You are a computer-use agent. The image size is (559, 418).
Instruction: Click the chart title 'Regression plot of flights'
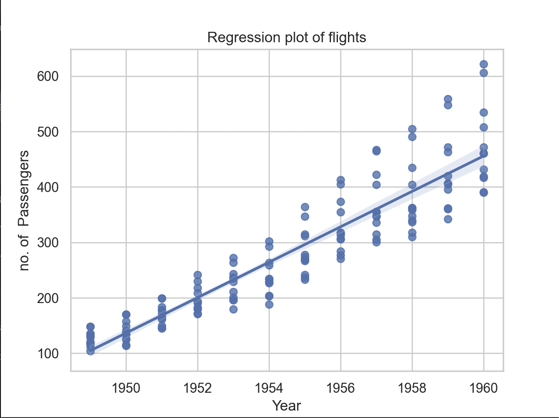pyautogui.click(x=286, y=37)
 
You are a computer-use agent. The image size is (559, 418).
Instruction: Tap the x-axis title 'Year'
pyautogui.click(x=286, y=406)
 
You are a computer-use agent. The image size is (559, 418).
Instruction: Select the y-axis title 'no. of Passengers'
pyautogui.click(x=24, y=210)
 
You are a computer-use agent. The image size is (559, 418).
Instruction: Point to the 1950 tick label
pyautogui.click(x=126, y=388)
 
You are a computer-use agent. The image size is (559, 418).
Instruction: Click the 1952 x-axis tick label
pyautogui.click(x=198, y=388)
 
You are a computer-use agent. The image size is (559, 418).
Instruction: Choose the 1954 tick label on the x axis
pyautogui.click(x=269, y=388)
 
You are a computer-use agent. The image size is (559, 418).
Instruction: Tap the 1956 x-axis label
pyautogui.click(x=341, y=388)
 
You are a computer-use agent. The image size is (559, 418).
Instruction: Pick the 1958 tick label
pyautogui.click(x=412, y=388)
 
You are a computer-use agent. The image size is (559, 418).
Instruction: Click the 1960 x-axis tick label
pyautogui.click(x=484, y=388)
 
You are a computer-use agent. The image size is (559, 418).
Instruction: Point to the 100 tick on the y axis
pyautogui.click(x=48, y=354)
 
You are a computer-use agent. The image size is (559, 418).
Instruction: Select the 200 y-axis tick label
pyautogui.click(x=48, y=298)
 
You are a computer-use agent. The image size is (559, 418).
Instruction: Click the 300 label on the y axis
pyautogui.click(x=48, y=243)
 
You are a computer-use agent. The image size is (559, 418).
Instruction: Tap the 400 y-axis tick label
pyautogui.click(x=48, y=187)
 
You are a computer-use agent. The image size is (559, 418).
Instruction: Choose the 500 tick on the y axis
pyautogui.click(x=48, y=131)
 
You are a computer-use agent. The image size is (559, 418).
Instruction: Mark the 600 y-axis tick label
pyautogui.click(x=48, y=76)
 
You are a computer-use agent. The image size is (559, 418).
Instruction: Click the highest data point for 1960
pyautogui.click(x=484, y=64)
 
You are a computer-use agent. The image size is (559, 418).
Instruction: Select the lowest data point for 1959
pyautogui.click(x=448, y=219)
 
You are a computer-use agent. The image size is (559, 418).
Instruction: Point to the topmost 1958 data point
pyautogui.click(x=412, y=129)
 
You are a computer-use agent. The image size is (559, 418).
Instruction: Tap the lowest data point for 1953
pyautogui.click(x=233, y=309)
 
